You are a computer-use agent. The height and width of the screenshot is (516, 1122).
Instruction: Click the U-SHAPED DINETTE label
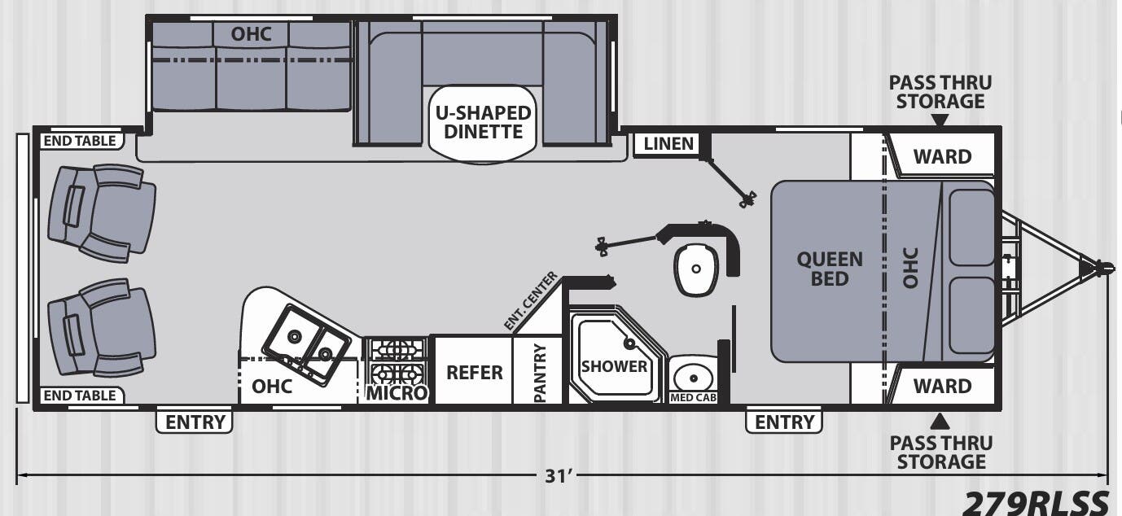click(x=484, y=122)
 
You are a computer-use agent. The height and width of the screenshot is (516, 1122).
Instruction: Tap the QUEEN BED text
click(x=829, y=269)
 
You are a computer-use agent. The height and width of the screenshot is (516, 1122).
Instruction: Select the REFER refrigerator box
click(x=474, y=373)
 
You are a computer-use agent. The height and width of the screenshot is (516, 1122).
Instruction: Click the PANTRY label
click(x=539, y=373)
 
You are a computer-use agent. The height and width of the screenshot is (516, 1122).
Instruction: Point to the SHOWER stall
click(x=614, y=366)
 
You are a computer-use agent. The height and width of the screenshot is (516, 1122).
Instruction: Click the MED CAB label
click(x=693, y=398)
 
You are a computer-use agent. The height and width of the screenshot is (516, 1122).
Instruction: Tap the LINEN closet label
click(x=668, y=144)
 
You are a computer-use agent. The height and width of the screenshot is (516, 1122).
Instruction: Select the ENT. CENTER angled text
click(x=531, y=301)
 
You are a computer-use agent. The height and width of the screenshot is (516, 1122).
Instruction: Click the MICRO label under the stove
click(x=397, y=393)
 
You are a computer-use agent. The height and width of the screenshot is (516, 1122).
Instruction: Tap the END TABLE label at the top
click(x=79, y=142)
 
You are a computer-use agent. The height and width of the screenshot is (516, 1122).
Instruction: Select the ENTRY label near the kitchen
click(x=195, y=422)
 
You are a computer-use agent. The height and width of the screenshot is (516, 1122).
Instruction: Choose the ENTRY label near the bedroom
click(x=784, y=422)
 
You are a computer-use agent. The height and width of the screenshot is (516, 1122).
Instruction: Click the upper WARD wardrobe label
click(x=942, y=156)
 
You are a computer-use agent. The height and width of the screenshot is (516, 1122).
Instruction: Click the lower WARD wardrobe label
click(x=942, y=386)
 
